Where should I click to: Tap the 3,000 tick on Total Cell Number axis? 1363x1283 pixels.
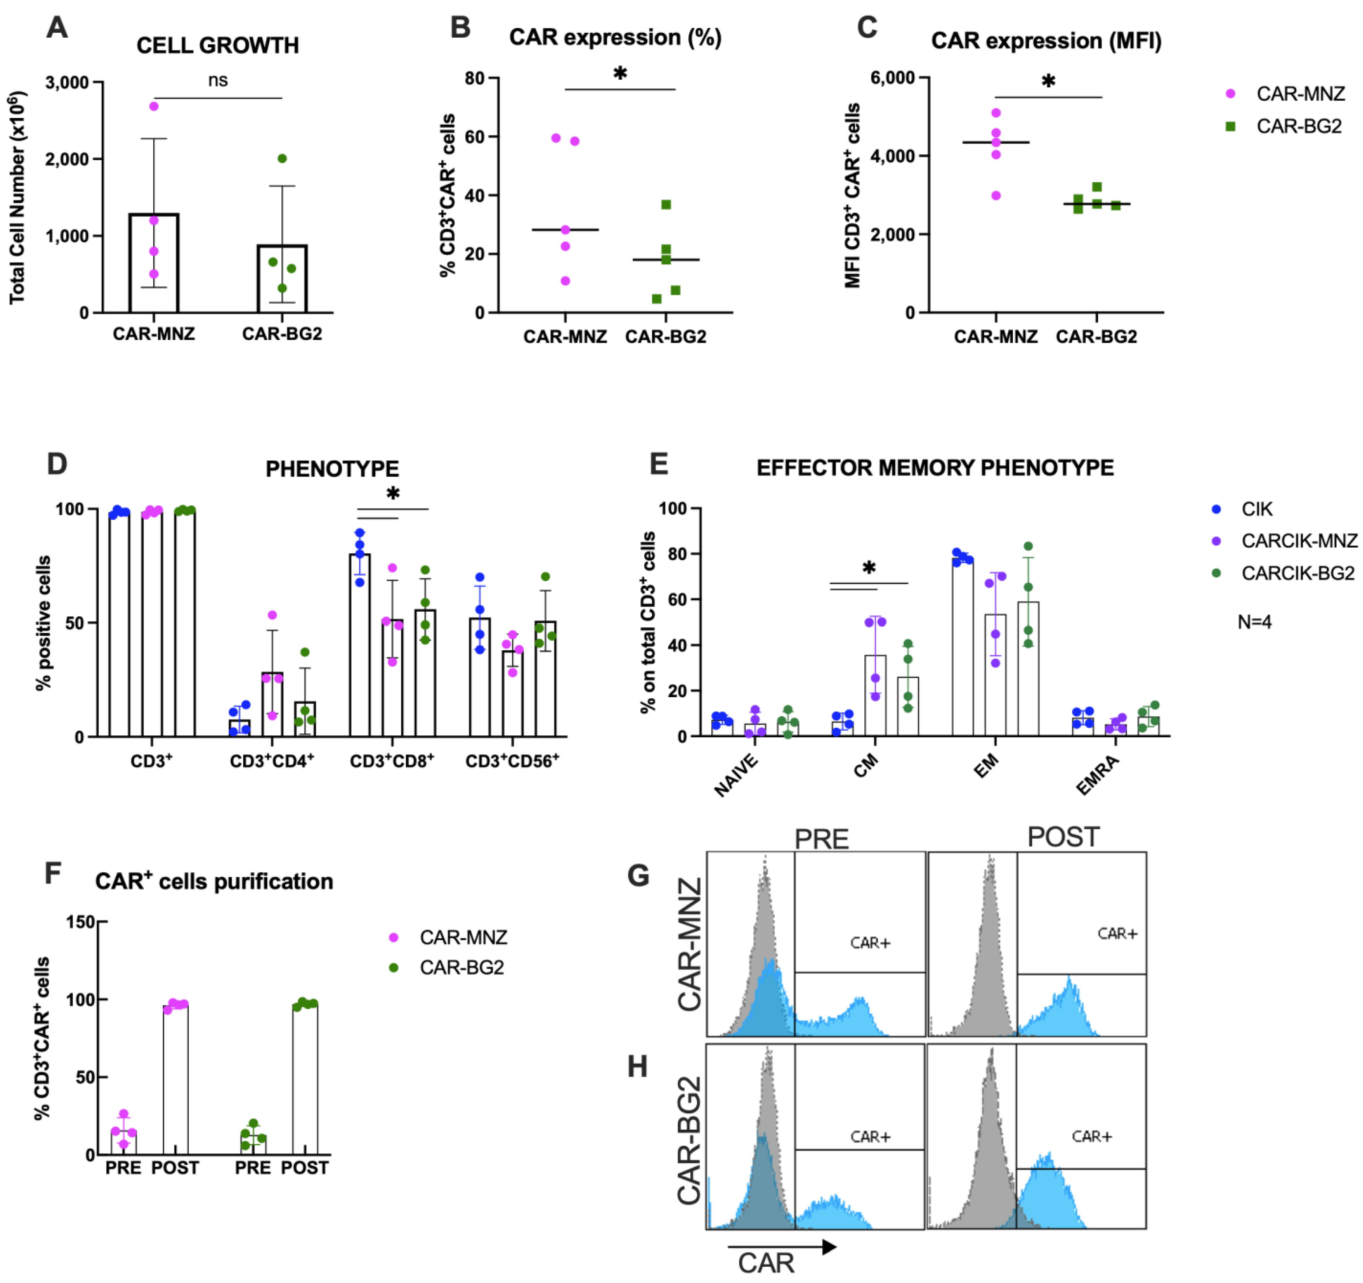(x=67, y=83)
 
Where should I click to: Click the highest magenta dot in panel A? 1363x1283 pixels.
(x=154, y=106)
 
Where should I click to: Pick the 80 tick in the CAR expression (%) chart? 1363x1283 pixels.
(x=474, y=78)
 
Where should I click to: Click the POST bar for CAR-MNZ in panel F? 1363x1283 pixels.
(x=176, y=1079)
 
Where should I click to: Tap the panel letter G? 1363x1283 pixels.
(x=638, y=876)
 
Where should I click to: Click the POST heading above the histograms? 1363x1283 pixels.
(x=1063, y=837)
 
